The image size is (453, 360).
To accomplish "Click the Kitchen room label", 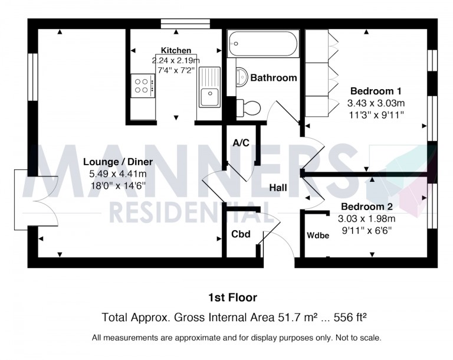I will pos(176,51).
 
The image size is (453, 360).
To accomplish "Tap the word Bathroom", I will pos(274,78).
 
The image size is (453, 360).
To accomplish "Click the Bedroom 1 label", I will pos(376,91).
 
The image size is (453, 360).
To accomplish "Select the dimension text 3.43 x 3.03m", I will pos(376,103).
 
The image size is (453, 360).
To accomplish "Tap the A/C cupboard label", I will pos(240,143).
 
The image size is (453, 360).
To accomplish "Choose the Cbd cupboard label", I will pos(241,234).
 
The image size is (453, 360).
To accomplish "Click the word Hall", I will pos(278,188).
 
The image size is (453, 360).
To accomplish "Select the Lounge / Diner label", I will pos(118,162).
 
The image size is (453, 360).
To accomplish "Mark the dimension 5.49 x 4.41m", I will pos(118,174).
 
